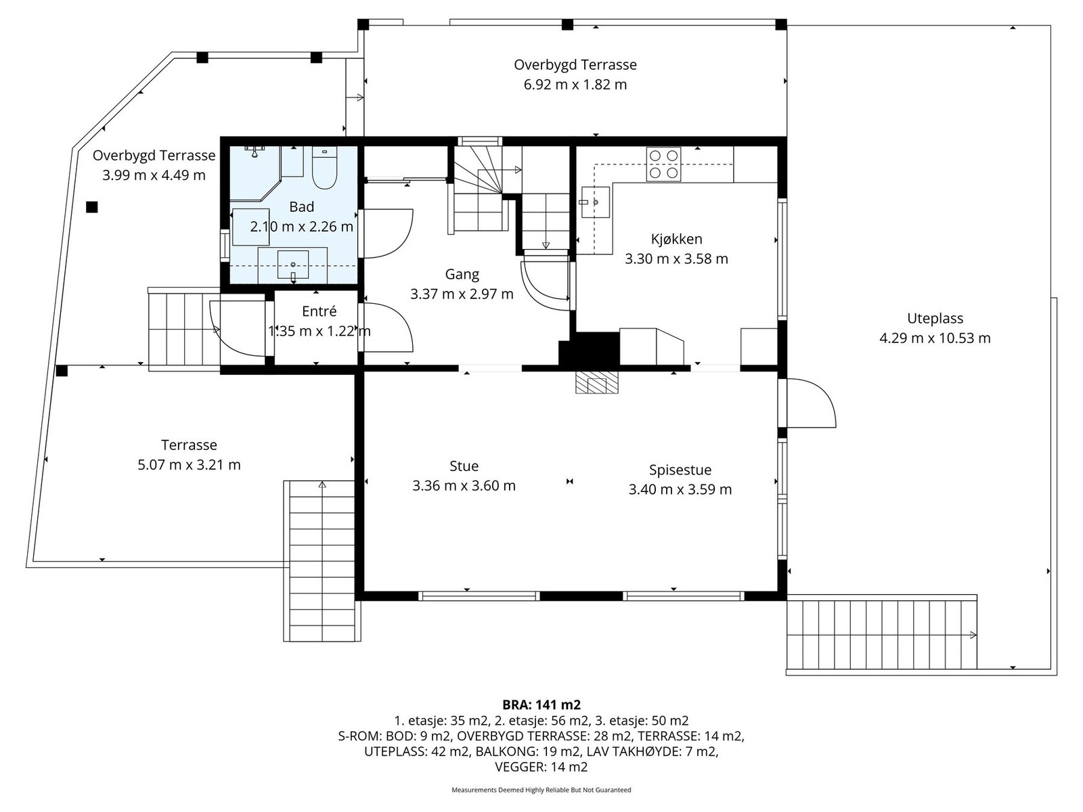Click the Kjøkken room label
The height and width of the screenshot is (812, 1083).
coord(676,239)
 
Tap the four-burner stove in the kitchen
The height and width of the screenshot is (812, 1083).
coord(663,164)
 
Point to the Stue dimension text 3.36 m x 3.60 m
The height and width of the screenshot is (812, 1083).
coord(464,486)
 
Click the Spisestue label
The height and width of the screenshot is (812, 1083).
coord(680,470)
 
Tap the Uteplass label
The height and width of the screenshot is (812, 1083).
coord(935,319)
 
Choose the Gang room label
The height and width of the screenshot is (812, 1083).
coord(462,274)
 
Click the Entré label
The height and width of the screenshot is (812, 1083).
coord(319,311)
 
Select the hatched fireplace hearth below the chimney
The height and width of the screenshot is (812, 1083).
coord(596,382)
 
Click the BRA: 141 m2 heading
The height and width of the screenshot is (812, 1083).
coord(541,704)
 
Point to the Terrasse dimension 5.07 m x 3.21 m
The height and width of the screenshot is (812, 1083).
coord(189,465)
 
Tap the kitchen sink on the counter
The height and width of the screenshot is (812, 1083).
coord(596,202)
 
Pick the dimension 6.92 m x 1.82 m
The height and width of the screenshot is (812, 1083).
coord(575,85)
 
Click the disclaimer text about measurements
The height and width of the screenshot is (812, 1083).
coord(541,790)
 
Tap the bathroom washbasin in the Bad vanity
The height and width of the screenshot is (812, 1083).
coord(292,265)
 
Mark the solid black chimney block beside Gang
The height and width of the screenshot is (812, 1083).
coord(589,349)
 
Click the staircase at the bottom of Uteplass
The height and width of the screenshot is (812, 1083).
coord(882,635)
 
